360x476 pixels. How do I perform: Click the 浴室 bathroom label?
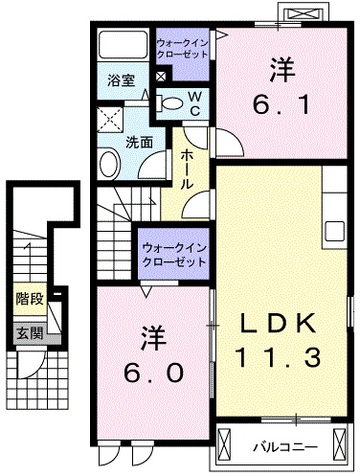coord(121,80)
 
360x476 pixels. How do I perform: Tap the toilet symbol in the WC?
coord(169,103)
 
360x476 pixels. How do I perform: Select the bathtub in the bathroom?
coord(123,45)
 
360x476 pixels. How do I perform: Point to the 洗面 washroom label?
coord(139,143)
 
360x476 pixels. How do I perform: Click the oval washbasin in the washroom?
coord(110,164)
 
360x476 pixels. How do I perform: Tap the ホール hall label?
coord(187,170)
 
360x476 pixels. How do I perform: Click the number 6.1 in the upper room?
coord(281,104)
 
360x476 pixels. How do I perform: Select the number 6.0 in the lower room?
coord(153,373)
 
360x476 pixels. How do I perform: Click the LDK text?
coord(278,323)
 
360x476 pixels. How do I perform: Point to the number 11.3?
coord(278,357)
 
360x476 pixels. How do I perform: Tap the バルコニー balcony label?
coord(285,447)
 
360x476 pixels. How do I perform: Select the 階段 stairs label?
coord(30,299)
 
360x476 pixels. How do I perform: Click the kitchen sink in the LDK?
coord(334,232)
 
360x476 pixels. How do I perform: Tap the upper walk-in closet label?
coord(183,48)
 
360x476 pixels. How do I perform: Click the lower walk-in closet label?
coord(174,255)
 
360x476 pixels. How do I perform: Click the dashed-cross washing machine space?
coord(110,120)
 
